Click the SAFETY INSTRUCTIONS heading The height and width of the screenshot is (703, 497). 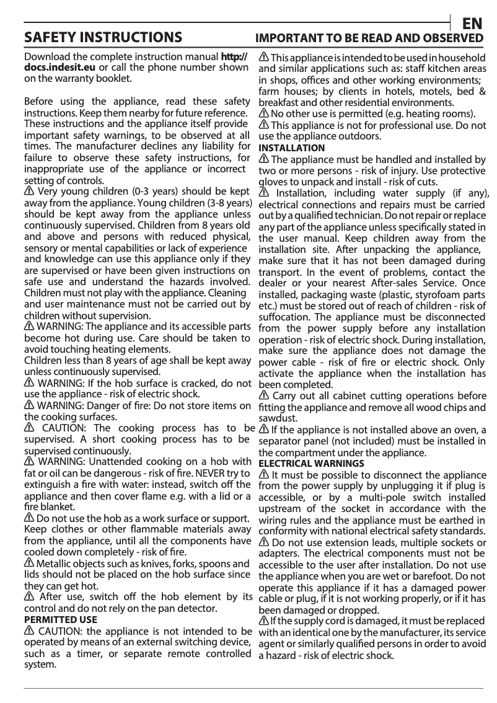pyautogui.click(x=103, y=38)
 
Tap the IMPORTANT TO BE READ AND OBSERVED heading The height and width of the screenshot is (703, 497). pyautogui.click(x=370, y=38)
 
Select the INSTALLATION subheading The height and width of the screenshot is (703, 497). pyautogui.click(x=291, y=148)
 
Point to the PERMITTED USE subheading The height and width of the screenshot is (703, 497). pyautogui.click(x=60, y=619)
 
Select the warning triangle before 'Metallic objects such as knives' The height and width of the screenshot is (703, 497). pyautogui.click(x=29, y=564)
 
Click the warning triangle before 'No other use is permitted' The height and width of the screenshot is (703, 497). pyautogui.click(x=263, y=114)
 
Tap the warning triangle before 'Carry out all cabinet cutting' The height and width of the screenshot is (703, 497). pyautogui.click(x=263, y=396)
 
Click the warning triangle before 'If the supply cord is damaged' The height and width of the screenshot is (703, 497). pyautogui.click(x=263, y=621)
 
